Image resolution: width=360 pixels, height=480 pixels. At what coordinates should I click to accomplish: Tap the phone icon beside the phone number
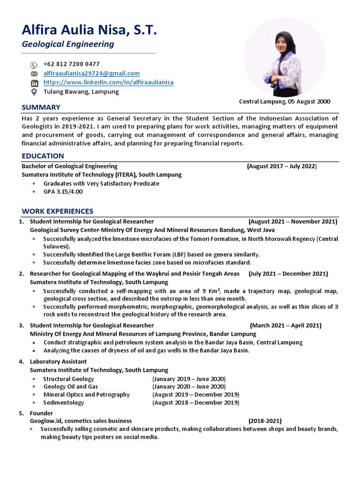[x=34, y=65]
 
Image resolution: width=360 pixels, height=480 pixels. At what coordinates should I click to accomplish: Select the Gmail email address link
[x=91, y=74]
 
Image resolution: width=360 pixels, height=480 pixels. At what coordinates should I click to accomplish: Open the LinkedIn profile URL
[x=108, y=82]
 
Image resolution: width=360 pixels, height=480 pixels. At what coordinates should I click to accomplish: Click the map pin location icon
[x=34, y=92]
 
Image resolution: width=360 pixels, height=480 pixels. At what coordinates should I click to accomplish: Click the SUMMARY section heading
[x=41, y=107]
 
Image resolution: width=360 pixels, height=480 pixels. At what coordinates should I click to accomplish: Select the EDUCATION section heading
[x=43, y=156]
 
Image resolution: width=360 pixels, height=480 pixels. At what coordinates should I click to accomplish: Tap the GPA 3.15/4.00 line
[x=63, y=192]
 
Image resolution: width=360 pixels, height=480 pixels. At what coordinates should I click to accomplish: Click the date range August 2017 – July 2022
[x=282, y=166]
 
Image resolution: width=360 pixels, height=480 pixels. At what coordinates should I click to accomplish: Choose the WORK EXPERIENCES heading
[x=57, y=211]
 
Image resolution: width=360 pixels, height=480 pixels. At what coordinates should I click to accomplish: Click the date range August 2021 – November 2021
[x=293, y=222]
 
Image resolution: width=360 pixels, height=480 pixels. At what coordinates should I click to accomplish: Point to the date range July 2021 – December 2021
[x=288, y=274]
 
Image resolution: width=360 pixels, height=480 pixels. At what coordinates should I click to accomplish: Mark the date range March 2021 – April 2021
[x=285, y=326]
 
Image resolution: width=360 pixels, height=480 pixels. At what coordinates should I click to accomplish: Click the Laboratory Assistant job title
[x=58, y=362]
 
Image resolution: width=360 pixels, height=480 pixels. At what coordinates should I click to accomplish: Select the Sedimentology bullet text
[x=64, y=403]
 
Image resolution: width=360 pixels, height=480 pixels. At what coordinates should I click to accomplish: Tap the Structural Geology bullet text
[x=68, y=379]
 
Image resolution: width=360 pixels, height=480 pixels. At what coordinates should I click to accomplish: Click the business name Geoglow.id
[x=46, y=421]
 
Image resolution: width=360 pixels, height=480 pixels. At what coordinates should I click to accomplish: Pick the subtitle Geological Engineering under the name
[x=68, y=45]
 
